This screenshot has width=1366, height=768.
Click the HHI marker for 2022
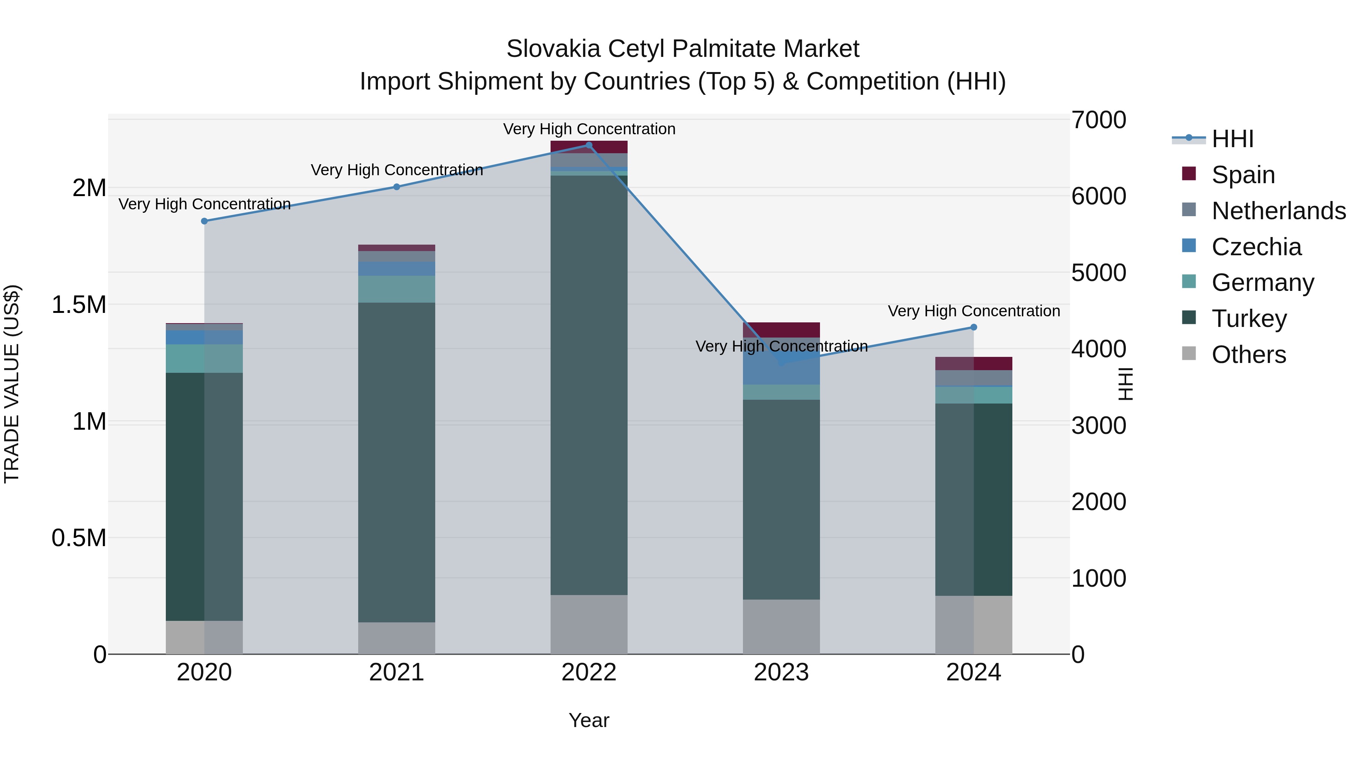click(x=589, y=145)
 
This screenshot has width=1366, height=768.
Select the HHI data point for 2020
click(x=204, y=221)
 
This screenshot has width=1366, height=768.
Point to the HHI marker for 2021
click(x=397, y=187)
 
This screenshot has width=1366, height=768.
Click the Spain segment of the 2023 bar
click(x=781, y=330)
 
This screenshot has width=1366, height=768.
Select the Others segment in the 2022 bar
click(x=589, y=624)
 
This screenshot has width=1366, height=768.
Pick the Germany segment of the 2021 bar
click(x=397, y=289)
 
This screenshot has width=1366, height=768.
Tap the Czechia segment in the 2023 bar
click(x=781, y=371)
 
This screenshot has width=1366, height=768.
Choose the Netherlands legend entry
click(x=1278, y=211)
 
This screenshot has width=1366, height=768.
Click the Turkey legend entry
click(x=1249, y=319)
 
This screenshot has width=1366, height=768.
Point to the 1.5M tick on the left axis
click(x=79, y=305)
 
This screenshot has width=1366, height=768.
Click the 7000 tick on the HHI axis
click(x=1098, y=120)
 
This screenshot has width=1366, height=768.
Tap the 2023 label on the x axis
click(x=781, y=672)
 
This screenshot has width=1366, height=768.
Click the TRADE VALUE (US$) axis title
click(x=12, y=384)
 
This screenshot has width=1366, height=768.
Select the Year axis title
click(x=589, y=720)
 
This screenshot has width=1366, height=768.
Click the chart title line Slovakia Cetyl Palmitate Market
click(x=683, y=49)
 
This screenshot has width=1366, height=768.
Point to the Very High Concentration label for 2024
click(x=974, y=311)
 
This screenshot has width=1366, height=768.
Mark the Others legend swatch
click(x=1189, y=353)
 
